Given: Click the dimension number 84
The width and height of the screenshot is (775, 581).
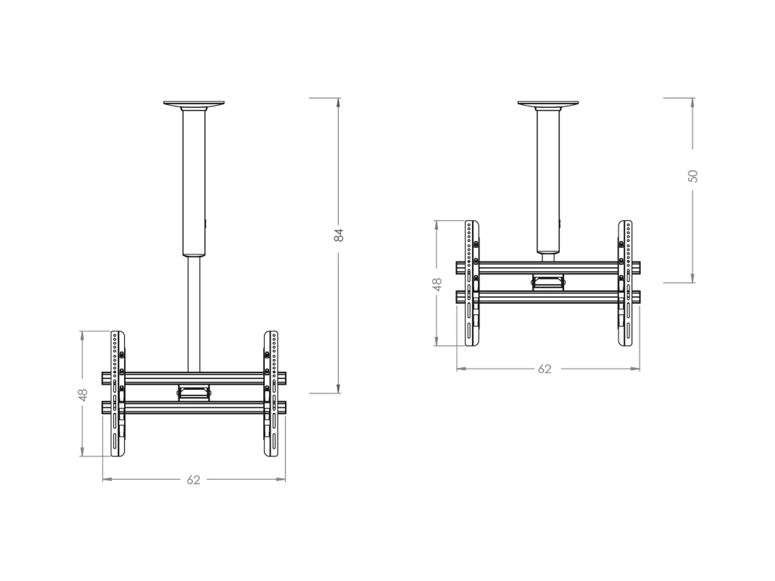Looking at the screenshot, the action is pos(339,235).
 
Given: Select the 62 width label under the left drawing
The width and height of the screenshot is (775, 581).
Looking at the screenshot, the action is pos(193,480).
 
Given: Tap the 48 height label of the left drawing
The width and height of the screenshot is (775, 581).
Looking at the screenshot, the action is pos(83,395).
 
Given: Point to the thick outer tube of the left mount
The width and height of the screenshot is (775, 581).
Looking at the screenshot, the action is pos(194,182).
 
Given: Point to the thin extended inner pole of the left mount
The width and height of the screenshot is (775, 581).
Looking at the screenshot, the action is pos(194,314).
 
